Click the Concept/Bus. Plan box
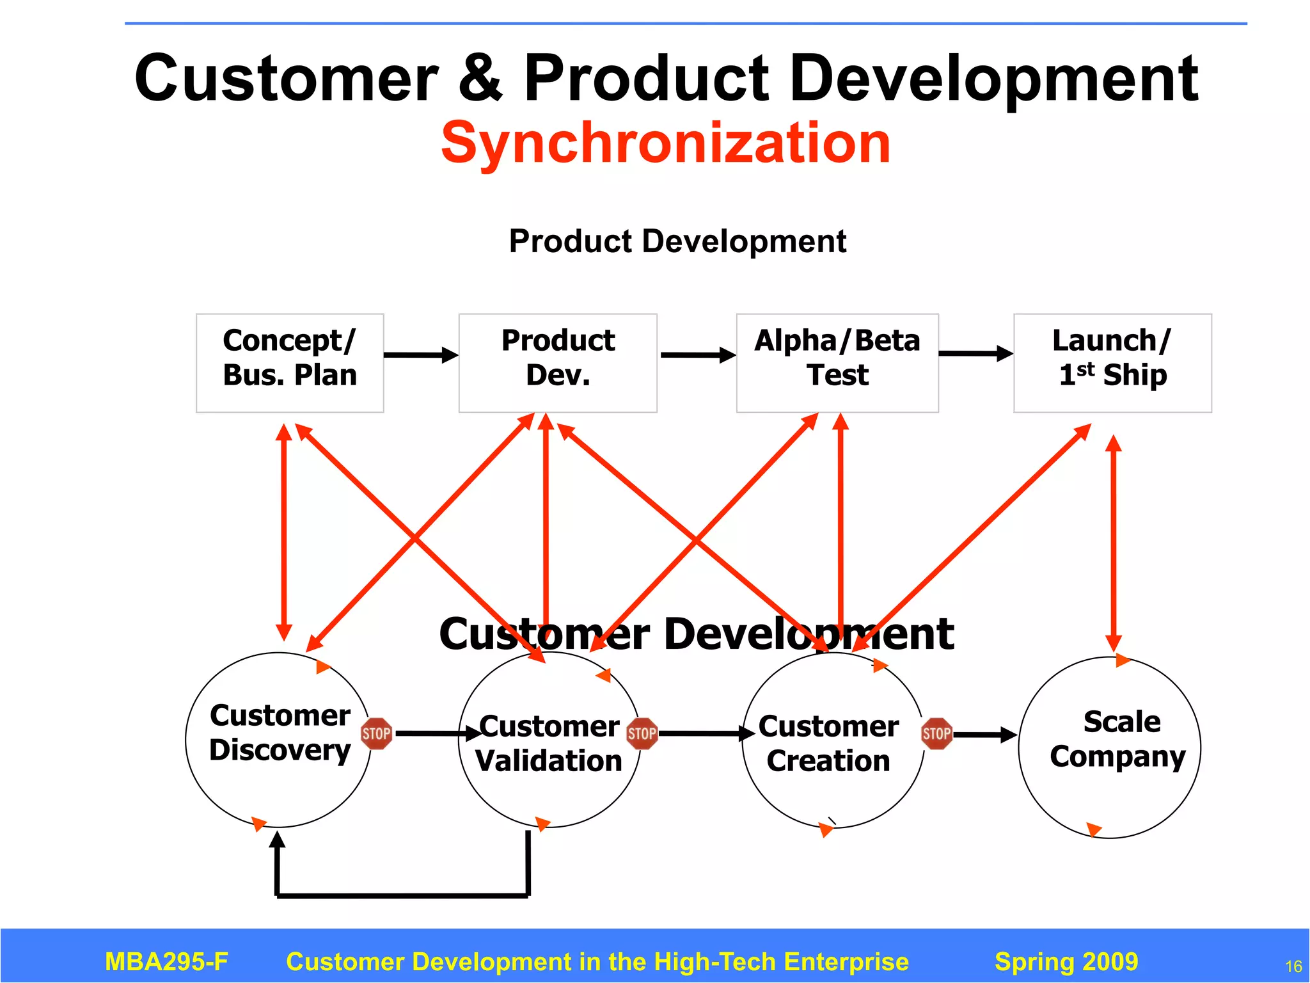click(x=290, y=363)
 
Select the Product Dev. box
click(x=558, y=363)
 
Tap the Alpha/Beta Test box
click(x=837, y=363)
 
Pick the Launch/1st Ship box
click(x=1112, y=363)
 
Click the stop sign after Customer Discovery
click(x=376, y=733)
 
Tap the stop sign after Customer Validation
click(x=642, y=733)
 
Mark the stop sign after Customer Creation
click(x=936, y=733)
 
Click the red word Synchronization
click(x=665, y=143)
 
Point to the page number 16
click(x=1293, y=966)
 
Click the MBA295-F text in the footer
click(x=166, y=961)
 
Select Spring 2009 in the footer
click(x=1066, y=961)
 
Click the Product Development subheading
click(x=677, y=241)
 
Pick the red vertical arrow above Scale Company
click(x=1114, y=544)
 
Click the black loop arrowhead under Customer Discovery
click(x=277, y=840)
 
